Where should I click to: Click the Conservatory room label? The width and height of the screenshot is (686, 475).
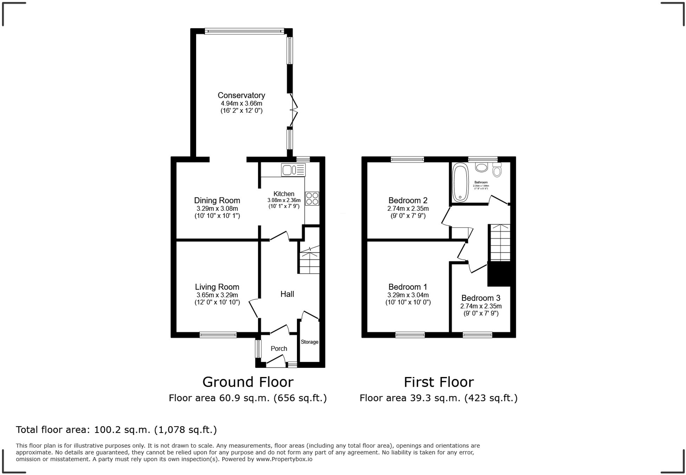click(x=241, y=95)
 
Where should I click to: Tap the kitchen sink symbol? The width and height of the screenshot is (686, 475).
click(x=293, y=170)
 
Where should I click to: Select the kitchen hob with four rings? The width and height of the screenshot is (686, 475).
click(x=312, y=198)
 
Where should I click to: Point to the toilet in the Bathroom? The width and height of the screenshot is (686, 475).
click(x=497, y=170)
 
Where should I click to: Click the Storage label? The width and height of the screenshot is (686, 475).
click(x=309, y=342)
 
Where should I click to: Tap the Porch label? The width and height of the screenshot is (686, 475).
click(x=279, y=349)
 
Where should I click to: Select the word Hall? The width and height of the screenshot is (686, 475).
click(x=287, y=294)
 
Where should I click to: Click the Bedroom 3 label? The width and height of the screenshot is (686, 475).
click(x=481, y=298)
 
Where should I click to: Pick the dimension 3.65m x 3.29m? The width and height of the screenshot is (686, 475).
click(x=217, y=295)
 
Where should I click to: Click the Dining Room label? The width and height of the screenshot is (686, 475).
click(x=217, y=200)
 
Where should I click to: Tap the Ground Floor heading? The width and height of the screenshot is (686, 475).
click(x=248, y=382)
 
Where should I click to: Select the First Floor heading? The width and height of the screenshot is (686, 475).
click(x=439, y=382)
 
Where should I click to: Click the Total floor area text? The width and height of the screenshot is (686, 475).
click(x=116, y=430)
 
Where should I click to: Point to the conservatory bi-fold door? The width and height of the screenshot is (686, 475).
click(x=293, y=110)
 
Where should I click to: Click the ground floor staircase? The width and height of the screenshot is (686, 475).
click(x=309, y=260)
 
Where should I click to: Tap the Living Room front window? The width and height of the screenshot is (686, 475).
click(x=218, y=335)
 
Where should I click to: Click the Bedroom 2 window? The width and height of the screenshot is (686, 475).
click(x=407, y=160)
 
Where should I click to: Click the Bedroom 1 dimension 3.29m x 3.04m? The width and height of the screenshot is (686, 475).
click(x=408, y=295)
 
